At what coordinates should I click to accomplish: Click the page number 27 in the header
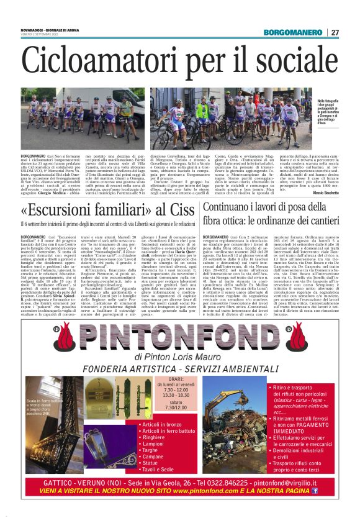(x=335, y=32)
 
